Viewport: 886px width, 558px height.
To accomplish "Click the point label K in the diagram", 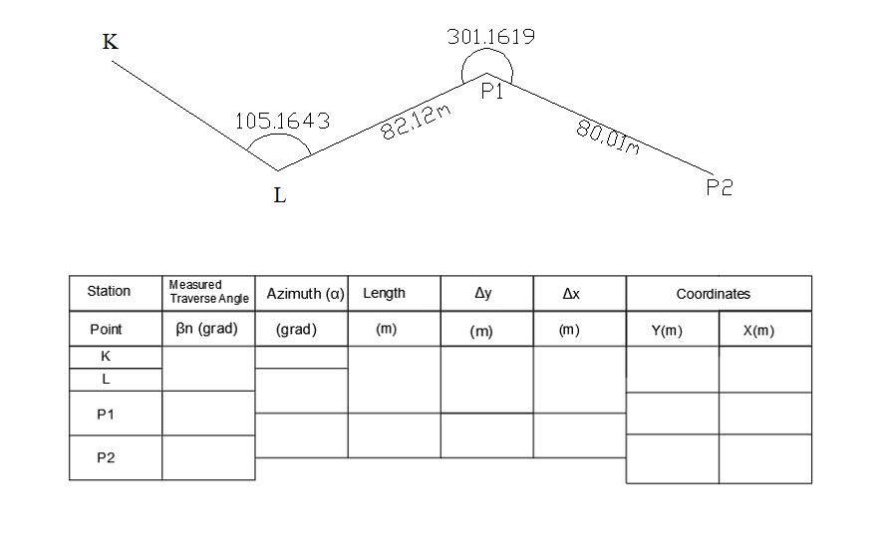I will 111,42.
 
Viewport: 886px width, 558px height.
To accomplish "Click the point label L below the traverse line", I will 280,195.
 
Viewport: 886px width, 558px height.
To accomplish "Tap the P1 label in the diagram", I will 491,93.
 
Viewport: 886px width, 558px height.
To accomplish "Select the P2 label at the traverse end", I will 719,187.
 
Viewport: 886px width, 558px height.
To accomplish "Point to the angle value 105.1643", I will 282,121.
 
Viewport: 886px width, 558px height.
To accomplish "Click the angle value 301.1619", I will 491,37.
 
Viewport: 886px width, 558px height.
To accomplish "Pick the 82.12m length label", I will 417,123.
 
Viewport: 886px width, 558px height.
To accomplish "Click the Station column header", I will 109,292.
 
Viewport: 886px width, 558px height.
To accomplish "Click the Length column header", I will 384,293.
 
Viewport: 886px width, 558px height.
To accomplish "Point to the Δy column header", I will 482,293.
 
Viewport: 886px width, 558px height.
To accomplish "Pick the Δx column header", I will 571,293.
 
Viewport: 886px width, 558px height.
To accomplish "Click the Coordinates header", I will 713,294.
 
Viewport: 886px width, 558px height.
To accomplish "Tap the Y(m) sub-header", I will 668,331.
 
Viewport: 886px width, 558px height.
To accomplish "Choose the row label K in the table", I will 107,357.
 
